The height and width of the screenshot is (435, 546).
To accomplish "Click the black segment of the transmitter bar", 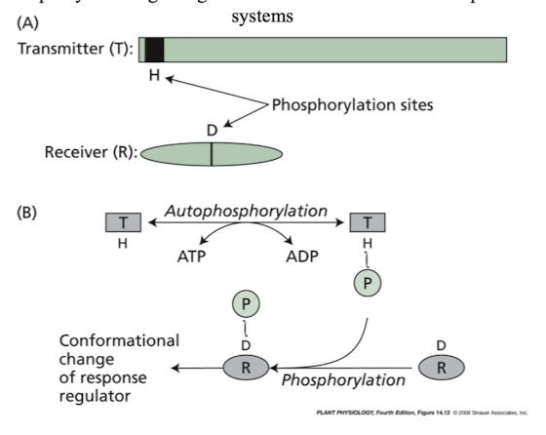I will (x=154, y=50).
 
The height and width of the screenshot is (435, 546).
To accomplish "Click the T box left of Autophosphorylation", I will (x=123, y=222).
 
